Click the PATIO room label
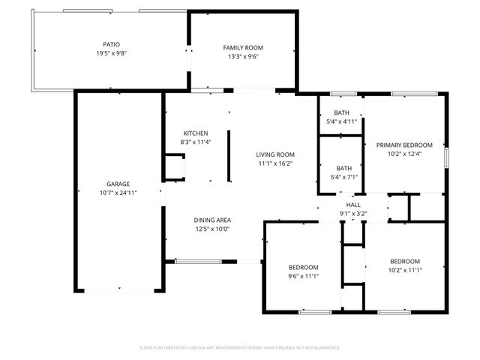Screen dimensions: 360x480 111,44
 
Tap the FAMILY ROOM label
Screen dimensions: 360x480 243,47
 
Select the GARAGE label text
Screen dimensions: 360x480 118,184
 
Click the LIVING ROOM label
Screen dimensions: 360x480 275,154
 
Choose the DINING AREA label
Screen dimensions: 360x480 211,220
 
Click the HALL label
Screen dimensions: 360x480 352,205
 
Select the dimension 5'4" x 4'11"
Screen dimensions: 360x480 342,121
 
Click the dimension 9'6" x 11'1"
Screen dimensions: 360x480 304,276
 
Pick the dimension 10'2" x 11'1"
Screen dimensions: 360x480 404,270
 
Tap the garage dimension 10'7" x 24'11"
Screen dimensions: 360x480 118,193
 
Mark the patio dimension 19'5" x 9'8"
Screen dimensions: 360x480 111,53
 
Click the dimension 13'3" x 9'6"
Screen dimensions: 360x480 243,56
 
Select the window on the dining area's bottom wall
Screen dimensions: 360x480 193,261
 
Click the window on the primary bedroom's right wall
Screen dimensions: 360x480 447,158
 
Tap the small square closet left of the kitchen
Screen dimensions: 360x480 174,166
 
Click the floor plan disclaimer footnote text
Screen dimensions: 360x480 240,348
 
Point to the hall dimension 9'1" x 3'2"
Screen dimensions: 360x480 352,214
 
